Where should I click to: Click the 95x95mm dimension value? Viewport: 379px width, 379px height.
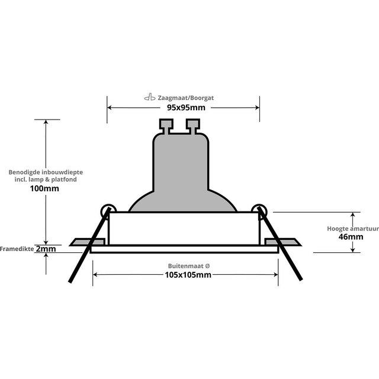(182, 108)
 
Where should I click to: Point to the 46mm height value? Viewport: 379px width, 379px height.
(345, 237)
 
